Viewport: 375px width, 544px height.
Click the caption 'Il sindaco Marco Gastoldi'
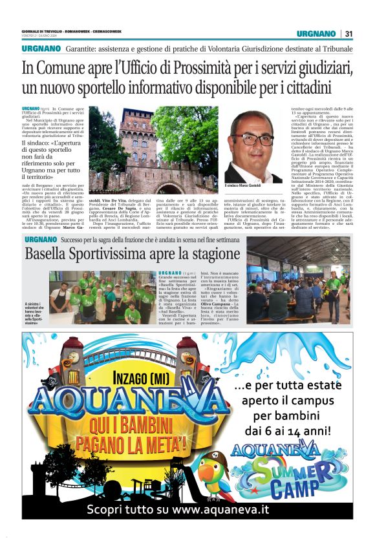243,186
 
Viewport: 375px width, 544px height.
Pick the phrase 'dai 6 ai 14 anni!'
297,428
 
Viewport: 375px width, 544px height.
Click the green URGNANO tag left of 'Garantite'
41,49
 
